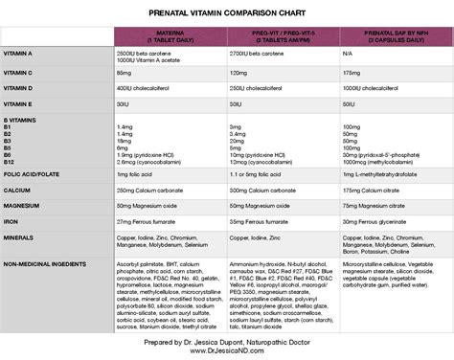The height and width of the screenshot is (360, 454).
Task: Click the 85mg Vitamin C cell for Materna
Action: pos(125,73)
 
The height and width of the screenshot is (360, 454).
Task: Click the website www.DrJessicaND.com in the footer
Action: pos(227,349)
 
